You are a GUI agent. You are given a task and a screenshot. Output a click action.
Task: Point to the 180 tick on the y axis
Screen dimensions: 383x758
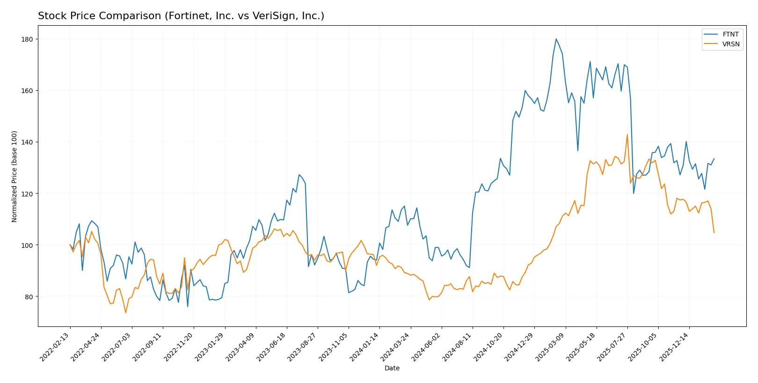[x=27, y=39]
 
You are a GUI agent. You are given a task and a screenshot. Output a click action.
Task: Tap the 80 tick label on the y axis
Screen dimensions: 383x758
[x=29, y=297]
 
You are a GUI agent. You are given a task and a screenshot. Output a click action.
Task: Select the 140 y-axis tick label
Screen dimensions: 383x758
[x=27, y=142]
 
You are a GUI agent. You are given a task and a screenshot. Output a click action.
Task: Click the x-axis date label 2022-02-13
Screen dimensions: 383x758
[x=55, y=347]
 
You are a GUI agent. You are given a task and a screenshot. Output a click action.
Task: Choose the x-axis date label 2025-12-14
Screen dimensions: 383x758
[x=674, y=347]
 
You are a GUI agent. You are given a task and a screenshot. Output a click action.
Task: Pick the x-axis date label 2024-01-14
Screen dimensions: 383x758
[x=364, y=347]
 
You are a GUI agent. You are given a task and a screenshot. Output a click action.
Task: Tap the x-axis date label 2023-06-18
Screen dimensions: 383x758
[x=272, y=347]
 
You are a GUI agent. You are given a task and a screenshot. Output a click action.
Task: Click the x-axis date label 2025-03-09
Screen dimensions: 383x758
[x=550, y=347]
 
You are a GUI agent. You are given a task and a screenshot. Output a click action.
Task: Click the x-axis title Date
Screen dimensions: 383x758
[x=392, y=369]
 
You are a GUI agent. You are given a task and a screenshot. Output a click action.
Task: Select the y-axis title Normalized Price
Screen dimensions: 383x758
[x=15, y=176]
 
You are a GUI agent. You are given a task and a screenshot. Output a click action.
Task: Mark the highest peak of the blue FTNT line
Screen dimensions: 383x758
[x=556, y=39]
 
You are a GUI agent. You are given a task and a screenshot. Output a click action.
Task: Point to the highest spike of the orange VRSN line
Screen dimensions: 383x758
[x=627, y=135]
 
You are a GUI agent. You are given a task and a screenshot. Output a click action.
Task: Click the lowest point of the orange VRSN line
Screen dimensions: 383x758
[x=125, y=312]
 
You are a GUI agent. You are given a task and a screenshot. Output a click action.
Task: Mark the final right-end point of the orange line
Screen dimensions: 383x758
[x=714, y=232]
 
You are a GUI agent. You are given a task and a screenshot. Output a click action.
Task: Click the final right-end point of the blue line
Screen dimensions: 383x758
[x=714, y=159]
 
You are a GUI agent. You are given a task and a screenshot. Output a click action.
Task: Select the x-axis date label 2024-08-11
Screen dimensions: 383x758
[x=458, y=347]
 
